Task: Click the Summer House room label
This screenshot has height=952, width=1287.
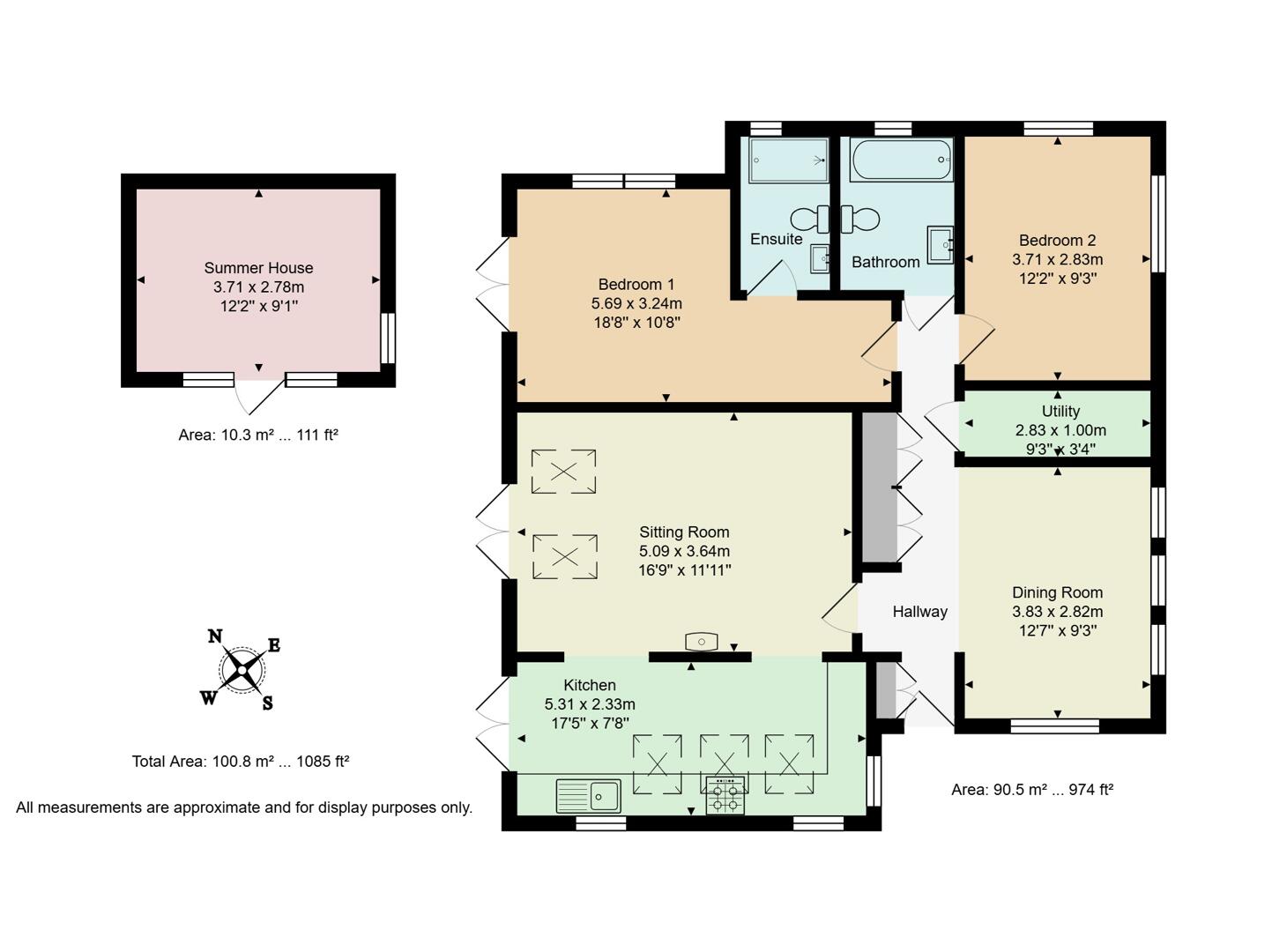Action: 258,268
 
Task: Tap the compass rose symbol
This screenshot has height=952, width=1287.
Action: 240,670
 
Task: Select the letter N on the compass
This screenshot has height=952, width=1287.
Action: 214,636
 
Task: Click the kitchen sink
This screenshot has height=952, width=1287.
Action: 589,796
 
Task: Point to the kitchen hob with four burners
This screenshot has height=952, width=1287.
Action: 725,795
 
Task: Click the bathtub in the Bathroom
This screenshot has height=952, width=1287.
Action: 902,160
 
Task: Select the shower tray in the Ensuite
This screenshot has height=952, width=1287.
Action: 788,160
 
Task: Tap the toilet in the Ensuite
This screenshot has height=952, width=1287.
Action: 807,218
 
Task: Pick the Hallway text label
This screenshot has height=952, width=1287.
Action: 919,612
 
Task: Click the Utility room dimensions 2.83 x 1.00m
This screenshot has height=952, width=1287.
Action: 1060,430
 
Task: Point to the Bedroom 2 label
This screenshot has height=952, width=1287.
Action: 1057,241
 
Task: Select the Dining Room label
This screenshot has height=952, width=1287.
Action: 1057,592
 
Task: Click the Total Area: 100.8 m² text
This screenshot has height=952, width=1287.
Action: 241,762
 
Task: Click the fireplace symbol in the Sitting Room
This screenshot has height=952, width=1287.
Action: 701,642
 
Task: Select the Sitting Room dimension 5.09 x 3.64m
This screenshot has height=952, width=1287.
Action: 684,551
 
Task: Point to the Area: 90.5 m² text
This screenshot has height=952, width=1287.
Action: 1031,790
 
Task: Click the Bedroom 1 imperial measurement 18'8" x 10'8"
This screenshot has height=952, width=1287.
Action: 636,323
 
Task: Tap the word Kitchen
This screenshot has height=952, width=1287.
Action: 590,685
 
